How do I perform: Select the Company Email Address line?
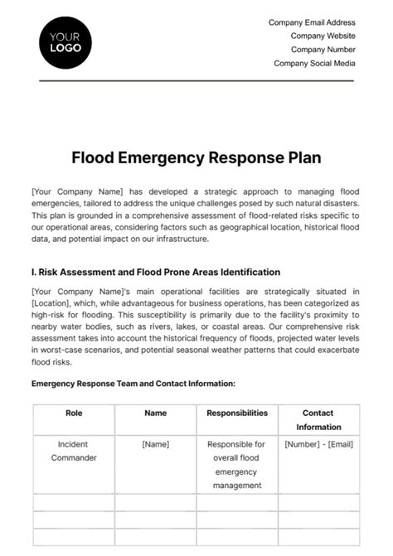[x=312, y=23]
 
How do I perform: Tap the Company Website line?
[x=323, y=36]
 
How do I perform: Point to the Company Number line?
[x=320, y=50]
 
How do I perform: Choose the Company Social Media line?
[x=314, y=63]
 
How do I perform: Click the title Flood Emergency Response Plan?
[x=196, y=157]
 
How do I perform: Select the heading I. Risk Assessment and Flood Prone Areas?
[x=155, y=272]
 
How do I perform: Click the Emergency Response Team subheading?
[x=133, y=384]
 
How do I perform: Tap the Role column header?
[x=73, y=413]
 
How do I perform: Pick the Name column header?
[x=155, y=413]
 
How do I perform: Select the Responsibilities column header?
[x=237, y=413]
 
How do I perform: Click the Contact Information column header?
[x=318, y=419]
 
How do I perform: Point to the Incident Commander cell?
[x=73, y=451]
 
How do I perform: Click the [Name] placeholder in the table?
[x=155, y=444]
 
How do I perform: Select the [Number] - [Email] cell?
[x=318, y=444]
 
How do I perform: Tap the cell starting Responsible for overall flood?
[x=237, y=464]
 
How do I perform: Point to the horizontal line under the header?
[x=196, y=81]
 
